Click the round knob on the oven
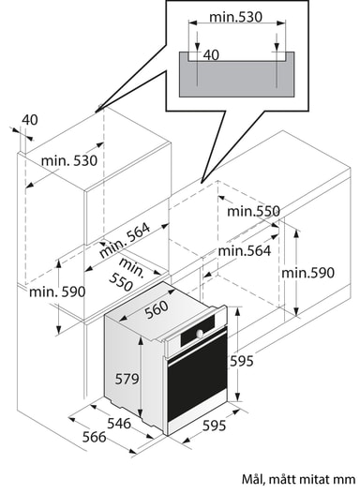(x=200, y=333)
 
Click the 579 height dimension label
(x=127, y=379)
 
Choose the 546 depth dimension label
(x=119, y=423)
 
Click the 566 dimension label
(x=94, y=437)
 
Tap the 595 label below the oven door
(x=214, y=426)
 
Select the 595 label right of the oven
(x=242, y=361)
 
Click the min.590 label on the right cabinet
(x=307, y=273)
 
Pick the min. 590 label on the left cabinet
(x=57, y=292)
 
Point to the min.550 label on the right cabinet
(x=253, y=211)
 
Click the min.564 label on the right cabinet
(x=245, y=251)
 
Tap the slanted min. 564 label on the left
(x=125, y=240)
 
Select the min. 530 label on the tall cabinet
(x=69, y=161)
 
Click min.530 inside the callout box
(x=235, y=17)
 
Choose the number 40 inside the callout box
(x=211, y=55)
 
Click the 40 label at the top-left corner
(x=30, y=120)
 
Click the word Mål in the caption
(x=251, y=480)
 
